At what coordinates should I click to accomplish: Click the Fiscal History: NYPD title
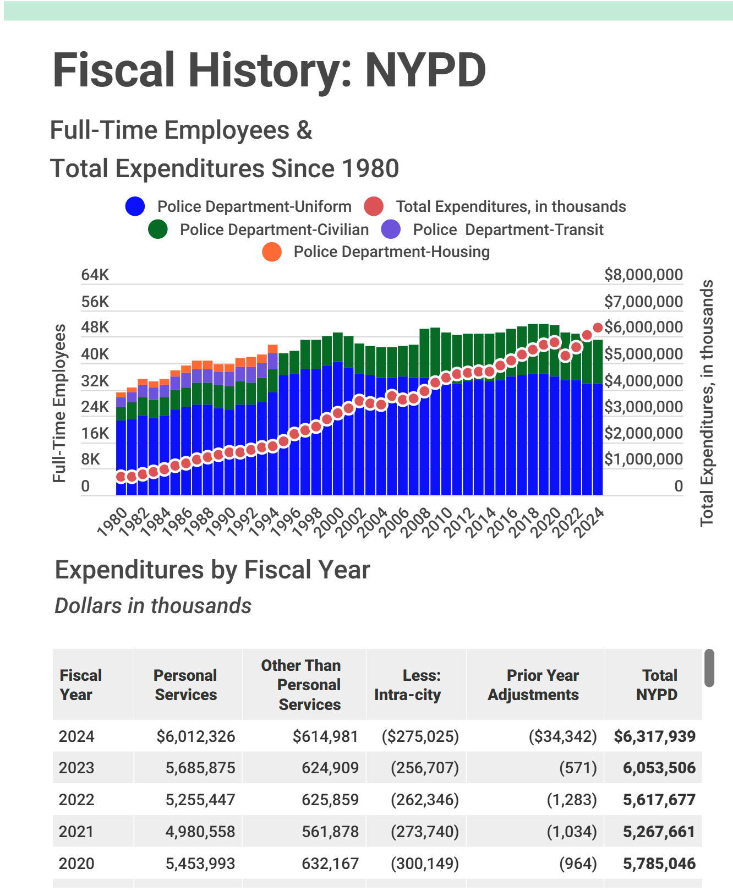(x=269, y=70)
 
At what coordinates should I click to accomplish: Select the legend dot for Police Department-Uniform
(x=135, y=206)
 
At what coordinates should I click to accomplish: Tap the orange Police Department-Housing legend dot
(x=272, y=252)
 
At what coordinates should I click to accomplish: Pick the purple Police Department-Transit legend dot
(x=391, y=230)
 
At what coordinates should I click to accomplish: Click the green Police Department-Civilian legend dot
(x=158, y=230)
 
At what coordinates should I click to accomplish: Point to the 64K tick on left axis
(x=95, y=275)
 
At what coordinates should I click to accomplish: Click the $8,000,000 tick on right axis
(x=643, y=275)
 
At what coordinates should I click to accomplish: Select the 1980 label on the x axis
(x=112, y=522)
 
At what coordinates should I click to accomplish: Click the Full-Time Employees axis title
(x=59, y=403)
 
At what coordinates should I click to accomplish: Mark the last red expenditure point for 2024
(x=598, y=328)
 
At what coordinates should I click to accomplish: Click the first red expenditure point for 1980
(x=121, y=477)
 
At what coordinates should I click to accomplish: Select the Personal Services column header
(x=185, y=685)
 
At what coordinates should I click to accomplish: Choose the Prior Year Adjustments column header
(x=533, y=685)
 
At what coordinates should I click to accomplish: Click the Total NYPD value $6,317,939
(x=654, y=736)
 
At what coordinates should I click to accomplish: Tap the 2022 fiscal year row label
(x=76, y=800)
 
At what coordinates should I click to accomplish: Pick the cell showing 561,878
(x=330, y=832)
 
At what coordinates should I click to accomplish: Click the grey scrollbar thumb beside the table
(x=709, y=668)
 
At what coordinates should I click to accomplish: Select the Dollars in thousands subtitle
(x=153, y=606)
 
